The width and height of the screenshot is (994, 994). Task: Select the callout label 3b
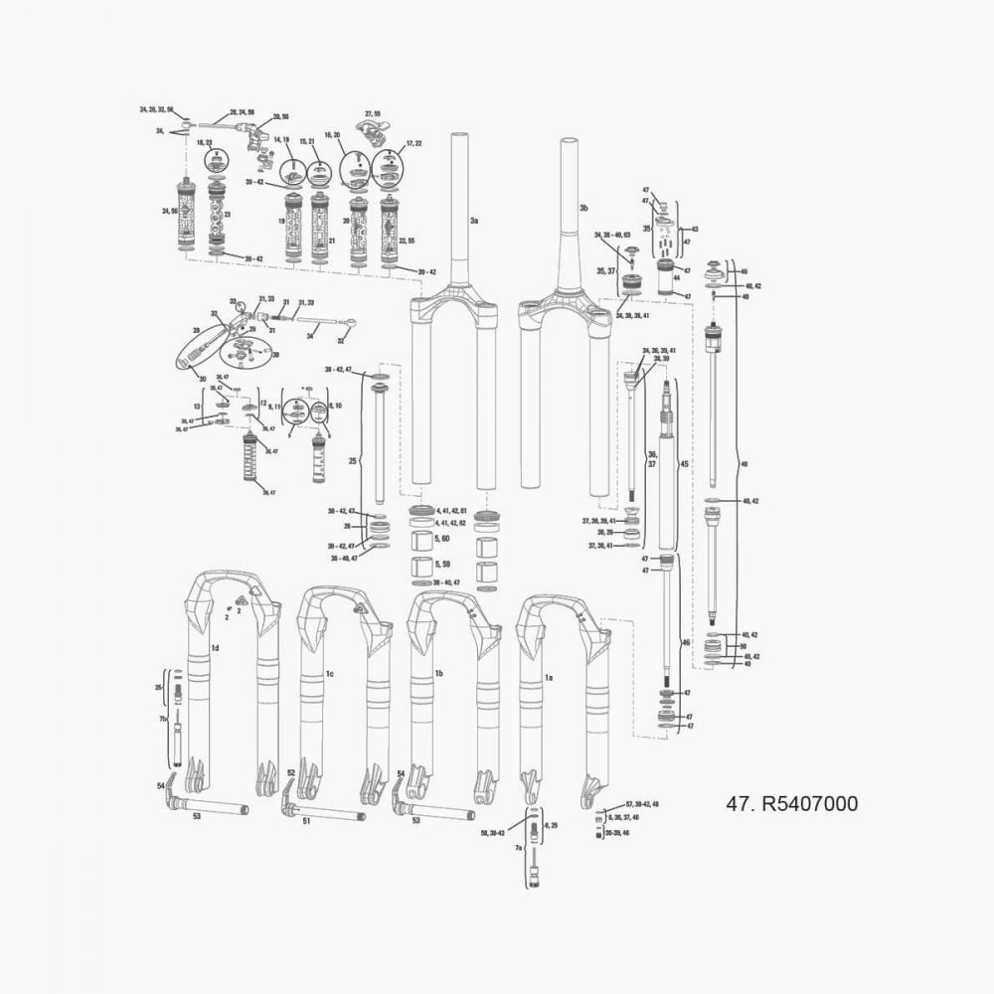[584, 208]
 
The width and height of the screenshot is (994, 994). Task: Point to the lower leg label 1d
[216, 647]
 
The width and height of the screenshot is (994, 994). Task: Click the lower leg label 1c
[329, 674]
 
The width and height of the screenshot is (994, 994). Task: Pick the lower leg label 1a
[548, 676]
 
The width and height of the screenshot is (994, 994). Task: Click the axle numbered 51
[306, 821]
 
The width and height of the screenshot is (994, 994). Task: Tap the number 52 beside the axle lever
[291, 772]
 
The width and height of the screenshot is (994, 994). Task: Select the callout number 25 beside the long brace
[351, 461]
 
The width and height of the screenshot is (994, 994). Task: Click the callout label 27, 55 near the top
[373, 114]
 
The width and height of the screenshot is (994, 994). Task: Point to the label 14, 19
[281, 140]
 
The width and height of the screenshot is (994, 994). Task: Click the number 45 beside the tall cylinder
[683, 463]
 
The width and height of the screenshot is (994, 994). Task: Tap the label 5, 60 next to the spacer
[443, 538]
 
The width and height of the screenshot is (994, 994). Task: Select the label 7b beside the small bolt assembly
[163, 718]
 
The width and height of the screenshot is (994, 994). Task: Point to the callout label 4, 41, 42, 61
[451, 510]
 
